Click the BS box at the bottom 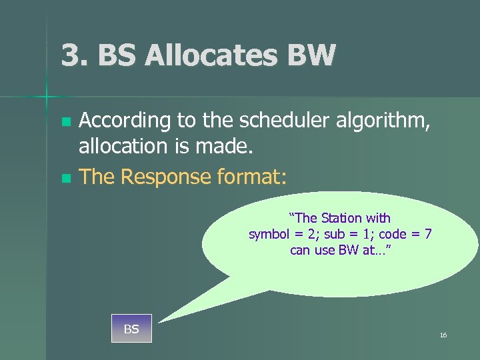[131, 328]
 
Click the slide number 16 [443, 335]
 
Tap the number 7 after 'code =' [428, 234]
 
